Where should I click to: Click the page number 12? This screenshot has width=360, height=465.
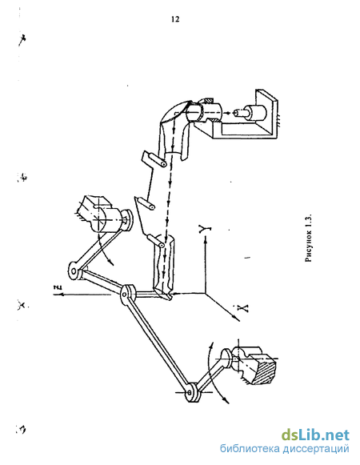pos(175,19)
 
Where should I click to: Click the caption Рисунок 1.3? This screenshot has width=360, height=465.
pos(309,237)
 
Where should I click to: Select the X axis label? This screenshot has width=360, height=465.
pos(243,308)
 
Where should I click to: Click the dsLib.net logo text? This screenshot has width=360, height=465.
pos(315,435)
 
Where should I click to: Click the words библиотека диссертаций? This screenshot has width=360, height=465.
pos(284,448)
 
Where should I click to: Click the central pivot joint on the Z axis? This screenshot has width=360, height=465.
pos(127,294)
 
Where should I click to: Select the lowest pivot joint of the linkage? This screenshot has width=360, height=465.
pos(192,393)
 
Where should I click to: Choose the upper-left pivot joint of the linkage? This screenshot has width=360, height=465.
pos(76,271)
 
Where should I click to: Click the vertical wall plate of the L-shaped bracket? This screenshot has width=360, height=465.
pos(267,112)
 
